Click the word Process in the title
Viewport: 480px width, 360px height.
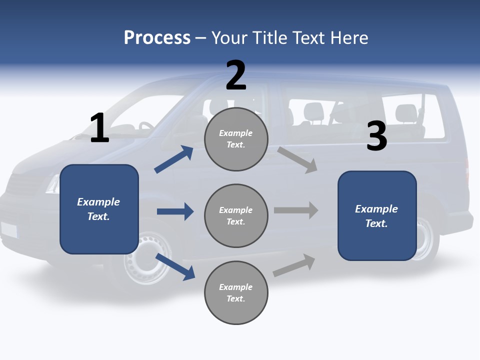click(x=157, y=37)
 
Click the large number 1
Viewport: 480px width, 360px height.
click(x=99, y=128)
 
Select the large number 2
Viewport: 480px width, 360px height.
click(x=236, y=75)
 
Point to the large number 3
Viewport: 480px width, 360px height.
click(x=377, y=136)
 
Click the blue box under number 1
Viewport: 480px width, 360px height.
click(x=99, y=209)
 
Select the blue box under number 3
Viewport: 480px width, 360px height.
click(x=377, y=216)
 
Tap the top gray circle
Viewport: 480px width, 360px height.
click(x=236, y=139)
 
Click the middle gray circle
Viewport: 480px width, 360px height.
click(x=236, y=216)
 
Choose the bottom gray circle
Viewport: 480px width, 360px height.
click(x=236, y=293)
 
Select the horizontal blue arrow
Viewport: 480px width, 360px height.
click(x=175, y=211)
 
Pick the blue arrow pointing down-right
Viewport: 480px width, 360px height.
click(x=175, y=266)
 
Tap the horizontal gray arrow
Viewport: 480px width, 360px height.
click(x=296, y=210)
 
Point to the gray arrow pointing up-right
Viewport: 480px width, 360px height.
click(x=294, y=265)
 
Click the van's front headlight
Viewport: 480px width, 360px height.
click(x=52, y=184)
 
